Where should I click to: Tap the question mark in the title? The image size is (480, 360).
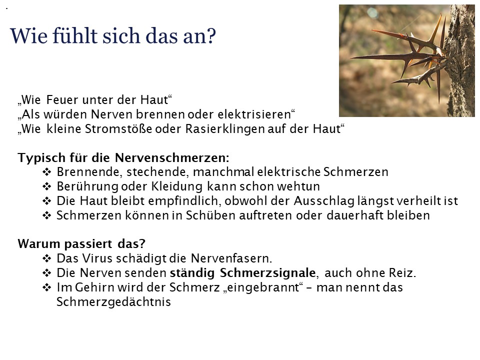click(211, 36)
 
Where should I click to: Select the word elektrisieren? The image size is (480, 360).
click(254, 114)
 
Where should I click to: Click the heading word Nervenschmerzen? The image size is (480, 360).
click(172, 157)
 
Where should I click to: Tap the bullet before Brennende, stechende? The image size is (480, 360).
click(46, 171)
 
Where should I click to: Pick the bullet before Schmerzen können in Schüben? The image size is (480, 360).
click(46, 215)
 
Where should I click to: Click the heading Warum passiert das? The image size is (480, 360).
click(81, 244)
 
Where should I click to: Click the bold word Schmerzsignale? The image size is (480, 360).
click(267, 273)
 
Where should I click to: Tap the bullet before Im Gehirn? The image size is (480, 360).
click(46, 287)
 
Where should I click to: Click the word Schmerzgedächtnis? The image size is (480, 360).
click(113, 302)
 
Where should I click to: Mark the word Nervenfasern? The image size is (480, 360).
click(231, 258)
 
